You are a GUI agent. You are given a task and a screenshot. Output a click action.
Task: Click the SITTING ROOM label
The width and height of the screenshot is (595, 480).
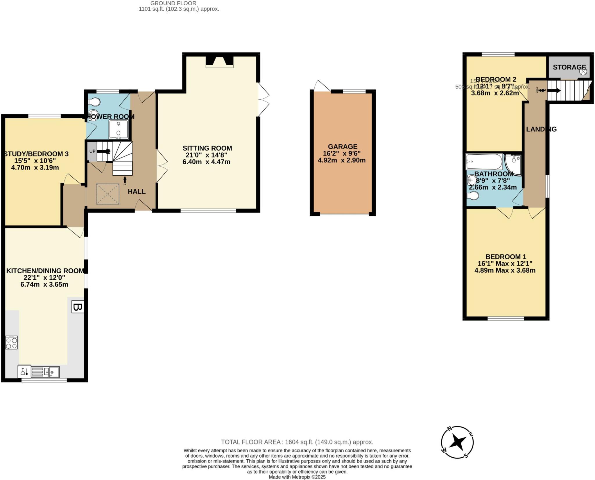point(207,148)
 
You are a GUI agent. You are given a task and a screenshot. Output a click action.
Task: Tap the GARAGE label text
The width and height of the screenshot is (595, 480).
point(343,147)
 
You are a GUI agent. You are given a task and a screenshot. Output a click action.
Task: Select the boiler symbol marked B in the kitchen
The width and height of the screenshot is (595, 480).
point(78,307)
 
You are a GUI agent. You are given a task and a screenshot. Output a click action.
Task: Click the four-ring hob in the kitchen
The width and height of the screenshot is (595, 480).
point(12,342)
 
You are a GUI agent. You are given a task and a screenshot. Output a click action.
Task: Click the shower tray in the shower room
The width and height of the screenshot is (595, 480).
point(118,129)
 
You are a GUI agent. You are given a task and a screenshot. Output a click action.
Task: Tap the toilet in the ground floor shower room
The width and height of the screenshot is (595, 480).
point(95,102)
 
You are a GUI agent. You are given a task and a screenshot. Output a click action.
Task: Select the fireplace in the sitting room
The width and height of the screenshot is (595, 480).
point(219,62)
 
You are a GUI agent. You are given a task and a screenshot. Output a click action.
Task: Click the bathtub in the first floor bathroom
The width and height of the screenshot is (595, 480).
point(484,162)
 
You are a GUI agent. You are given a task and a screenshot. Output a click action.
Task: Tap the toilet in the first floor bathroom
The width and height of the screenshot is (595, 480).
point(473,196)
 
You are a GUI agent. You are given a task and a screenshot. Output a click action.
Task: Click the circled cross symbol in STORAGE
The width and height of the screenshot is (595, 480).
point(583,71)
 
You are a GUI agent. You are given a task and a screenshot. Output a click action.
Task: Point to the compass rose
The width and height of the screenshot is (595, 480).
point(457,442)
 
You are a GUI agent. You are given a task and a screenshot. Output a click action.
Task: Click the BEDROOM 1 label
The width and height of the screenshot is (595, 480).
point(506,257)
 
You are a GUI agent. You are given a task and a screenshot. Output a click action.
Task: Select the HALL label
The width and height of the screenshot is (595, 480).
point(137,191)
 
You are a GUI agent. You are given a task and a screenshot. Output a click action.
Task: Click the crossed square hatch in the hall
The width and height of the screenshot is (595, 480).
point(107,194)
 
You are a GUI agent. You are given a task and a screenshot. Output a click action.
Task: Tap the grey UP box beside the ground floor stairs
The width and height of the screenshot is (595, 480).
point(92,151)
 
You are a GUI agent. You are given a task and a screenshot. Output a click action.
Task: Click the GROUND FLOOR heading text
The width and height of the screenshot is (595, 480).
point(173,3)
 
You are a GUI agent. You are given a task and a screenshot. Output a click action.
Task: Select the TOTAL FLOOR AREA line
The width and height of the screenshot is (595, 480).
point(297,442)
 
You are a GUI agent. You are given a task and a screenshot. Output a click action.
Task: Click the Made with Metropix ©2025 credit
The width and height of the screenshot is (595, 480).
point(297,477)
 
